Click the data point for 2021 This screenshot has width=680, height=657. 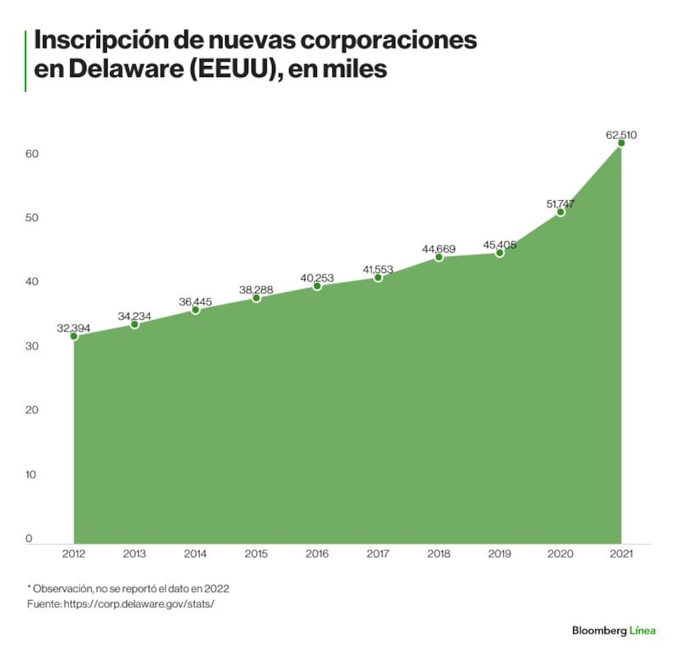click(x=621, y=143)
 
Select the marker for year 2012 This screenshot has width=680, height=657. click(x=73, y=336)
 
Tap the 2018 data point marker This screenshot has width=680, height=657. click(x=439, y=257)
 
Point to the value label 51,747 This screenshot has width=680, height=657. click(x=560, y=202)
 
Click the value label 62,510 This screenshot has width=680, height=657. click(x=621, y=135)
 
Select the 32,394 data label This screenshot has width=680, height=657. click(x=73, y=328)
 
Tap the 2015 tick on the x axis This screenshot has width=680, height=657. click(x=256, y=554)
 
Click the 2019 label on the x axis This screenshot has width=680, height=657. click(x=500, y=554)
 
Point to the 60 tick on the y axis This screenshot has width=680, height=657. click(x=32, y=154)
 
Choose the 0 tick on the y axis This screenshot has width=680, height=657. click(x=29, y=539)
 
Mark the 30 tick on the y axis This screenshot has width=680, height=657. click(x=32, y=347)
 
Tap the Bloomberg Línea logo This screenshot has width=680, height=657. click(x=613, y=630)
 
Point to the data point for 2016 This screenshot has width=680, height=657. click(x=317, y=286)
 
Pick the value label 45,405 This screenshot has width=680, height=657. click(x=499, y=244)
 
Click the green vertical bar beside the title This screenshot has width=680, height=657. click(x=25, y=61)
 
